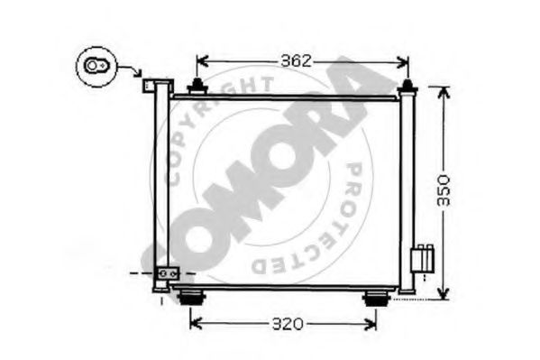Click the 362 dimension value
click(x=295, y=61)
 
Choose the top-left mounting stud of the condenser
click(x=194, y=87)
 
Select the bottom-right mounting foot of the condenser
click(x=374, y=299)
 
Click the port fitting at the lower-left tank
click(x=167, y=273)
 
